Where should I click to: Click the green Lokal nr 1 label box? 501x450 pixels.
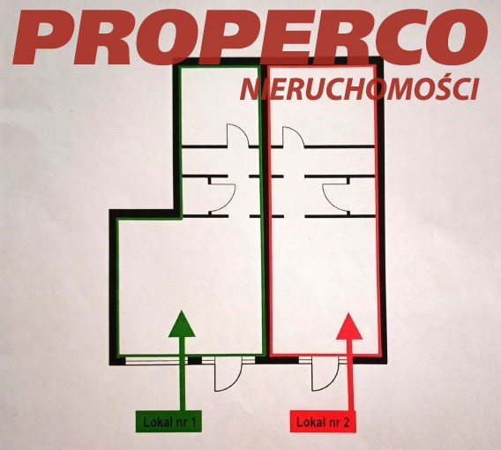click(x=168, y=421)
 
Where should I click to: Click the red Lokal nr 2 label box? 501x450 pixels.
click(x=324, y=422)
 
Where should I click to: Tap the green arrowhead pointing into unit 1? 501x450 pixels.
click(x=182, y=324)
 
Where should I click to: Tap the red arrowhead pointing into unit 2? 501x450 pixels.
click(x=349, y=326)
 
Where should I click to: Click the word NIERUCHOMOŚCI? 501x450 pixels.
click(x=360, y=89)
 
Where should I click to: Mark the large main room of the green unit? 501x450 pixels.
click(x=191, y=286)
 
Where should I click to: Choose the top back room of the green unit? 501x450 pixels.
click(x=221, y=106)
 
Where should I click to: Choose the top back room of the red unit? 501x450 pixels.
click(x=322, y=106)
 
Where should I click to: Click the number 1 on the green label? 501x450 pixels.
click(x=192, y=422)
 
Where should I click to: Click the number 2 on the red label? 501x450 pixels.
click(x=346, y=422)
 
